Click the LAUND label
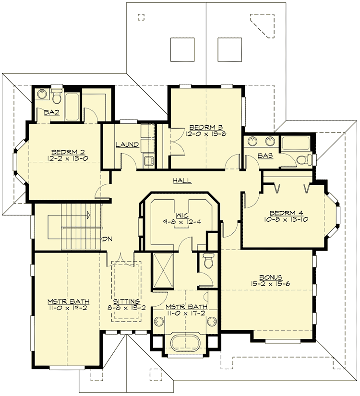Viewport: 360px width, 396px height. (127, 144)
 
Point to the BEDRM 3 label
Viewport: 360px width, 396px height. (205, 127)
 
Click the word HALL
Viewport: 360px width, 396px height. (182, 181)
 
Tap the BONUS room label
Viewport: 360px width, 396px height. (270, 277)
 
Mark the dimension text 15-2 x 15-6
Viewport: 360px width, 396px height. (270, 284)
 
